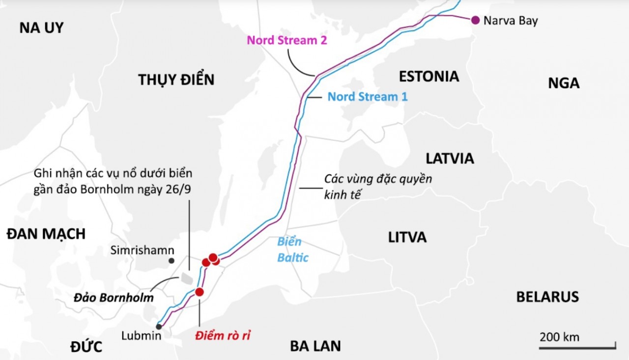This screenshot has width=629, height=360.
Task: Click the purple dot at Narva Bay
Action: pos(475,20)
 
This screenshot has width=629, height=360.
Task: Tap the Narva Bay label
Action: pos(511,21)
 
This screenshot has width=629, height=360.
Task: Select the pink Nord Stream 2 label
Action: pos(287,40)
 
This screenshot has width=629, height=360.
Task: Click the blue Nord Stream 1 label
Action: pos(368,97)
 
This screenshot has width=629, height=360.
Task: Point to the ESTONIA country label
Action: pos(429,77)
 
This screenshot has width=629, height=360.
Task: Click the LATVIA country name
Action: pos(450,159)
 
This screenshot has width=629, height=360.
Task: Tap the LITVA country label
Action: pos(407,238)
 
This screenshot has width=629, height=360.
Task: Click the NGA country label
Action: pos(564,83)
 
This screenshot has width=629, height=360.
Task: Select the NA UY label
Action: pos(42,28)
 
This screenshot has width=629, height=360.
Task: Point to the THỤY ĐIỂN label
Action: pos(176,80)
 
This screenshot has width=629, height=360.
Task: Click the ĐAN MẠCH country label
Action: pos(46,234)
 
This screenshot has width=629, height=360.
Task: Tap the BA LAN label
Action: pos(315,346)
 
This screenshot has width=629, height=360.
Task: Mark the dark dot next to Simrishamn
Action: pos(171,261)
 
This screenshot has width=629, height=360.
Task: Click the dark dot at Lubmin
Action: pos(159,327)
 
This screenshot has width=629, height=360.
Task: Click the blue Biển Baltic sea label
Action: pos(293,249)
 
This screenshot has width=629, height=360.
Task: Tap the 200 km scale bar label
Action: pos(560,337)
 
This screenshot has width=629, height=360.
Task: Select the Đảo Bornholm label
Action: pos(114,298)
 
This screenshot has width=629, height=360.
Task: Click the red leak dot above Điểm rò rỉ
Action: pos(199,292)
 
